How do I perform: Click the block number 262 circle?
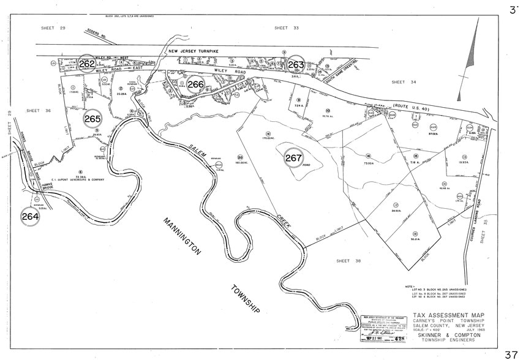(x=87, y=64)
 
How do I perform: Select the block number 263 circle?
(x=296, y=64)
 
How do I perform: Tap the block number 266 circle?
(x=196, y=84)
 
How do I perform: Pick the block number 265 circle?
(x=92, y=119)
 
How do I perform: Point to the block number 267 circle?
(x=294, y=157)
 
